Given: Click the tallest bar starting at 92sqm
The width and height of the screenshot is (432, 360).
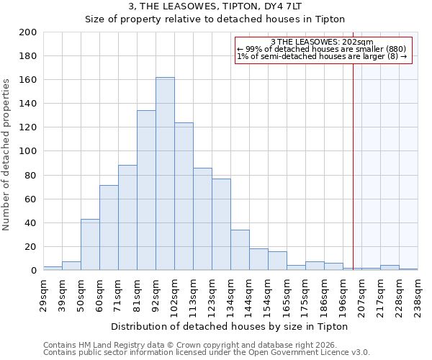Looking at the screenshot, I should [165, 174].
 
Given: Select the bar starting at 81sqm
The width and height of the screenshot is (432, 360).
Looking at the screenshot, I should [146, 191].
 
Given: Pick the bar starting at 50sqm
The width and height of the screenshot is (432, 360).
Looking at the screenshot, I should [90, 245].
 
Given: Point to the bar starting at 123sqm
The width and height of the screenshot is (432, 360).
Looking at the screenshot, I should [221, 224].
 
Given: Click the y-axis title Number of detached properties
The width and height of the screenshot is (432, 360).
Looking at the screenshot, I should [7, 152].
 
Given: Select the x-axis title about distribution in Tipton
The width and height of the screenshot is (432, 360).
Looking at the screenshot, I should [230, 326].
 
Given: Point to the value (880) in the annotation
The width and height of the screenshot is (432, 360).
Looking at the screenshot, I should [395, 50].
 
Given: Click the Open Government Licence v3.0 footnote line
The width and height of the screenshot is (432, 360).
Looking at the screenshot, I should [207, 353].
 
